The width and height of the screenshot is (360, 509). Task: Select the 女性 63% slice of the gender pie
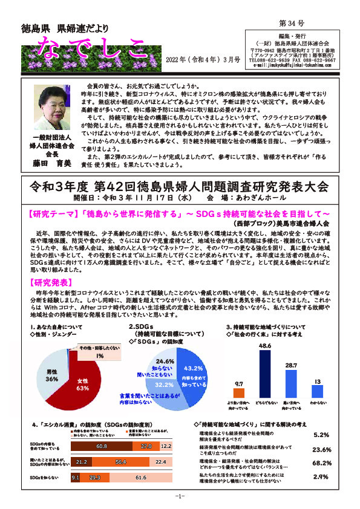click(x=79, y=384)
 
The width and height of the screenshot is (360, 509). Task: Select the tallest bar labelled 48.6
click(x=264, y=369)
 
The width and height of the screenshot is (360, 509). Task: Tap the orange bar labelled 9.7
click(x=238, y=390)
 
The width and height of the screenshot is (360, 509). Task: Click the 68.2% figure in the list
click(x=321, y=463)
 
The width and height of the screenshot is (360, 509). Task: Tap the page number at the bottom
click(x=180, y=496)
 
